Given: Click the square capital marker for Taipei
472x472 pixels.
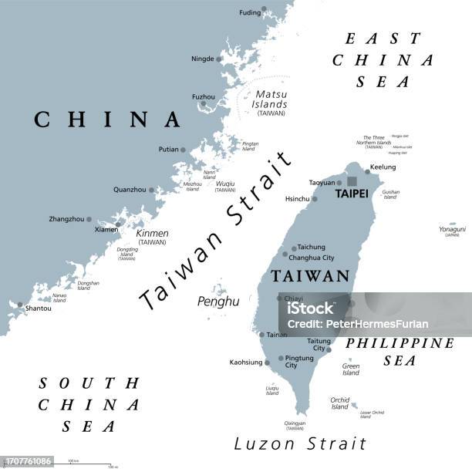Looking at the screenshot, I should pyautogui.click(x=352, y=182).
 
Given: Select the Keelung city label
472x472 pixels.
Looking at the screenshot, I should pyautogui.click(x=383, y=167).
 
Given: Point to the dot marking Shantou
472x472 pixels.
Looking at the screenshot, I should pyautogui.click(x=20, y=304).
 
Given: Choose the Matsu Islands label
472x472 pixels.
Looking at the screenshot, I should pyautogui.click(x=271, y=99).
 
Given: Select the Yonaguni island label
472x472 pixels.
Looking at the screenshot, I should pyautogui.click(x=452, y=229).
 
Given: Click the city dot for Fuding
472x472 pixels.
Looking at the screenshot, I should pyautogui.click(x=264, y=10).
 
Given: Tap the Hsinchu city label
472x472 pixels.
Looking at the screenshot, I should pyautogui.click(x=296, y=197).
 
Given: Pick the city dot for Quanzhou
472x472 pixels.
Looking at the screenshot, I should pyautogui.click(x=152, y=190).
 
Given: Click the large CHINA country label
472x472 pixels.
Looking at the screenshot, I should pyautogui.click(x=107, y=119).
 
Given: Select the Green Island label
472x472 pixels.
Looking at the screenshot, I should pyautogui.click(x=351, y=369).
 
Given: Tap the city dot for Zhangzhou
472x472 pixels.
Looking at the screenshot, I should pyautogui.click(x=89, y=219).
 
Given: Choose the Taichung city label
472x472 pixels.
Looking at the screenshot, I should pyautogui.click(x=311, y=247).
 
